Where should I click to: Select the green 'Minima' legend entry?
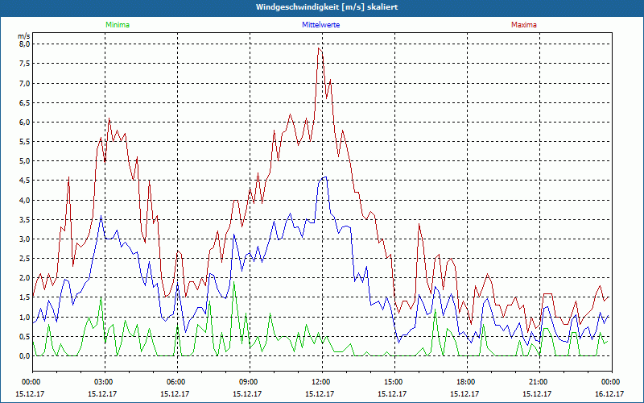[117, 25]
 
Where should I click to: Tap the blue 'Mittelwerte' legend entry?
[320, 25]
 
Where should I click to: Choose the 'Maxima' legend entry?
[523, 25]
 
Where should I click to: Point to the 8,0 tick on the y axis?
[24, 44]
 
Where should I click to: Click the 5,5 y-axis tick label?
[24, 142]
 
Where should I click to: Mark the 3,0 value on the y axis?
[24, 239]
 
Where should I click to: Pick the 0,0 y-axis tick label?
[24, 356]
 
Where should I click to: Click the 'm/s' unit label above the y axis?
[24, 36]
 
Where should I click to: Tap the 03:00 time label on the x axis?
[104, 382]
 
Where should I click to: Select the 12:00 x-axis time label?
[321, 382]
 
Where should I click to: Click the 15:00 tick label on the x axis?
[394, 382]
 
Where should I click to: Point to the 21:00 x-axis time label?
[539, 382]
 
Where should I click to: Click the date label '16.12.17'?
[609, 394]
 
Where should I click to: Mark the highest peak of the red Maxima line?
[319, 48]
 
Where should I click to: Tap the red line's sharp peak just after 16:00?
[419, 225]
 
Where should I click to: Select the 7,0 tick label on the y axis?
[24, 83]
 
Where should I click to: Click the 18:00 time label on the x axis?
[466, 382]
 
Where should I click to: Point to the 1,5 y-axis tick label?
[24, 297]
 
